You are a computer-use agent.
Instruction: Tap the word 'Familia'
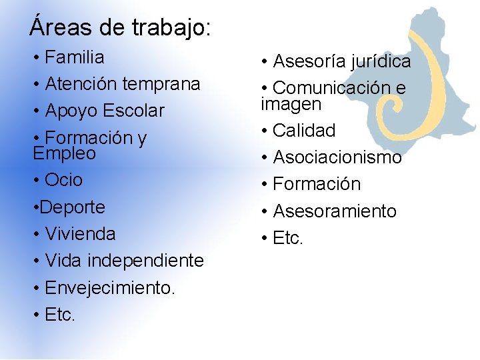click(75, 57)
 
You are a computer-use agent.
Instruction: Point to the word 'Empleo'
click(64, 153)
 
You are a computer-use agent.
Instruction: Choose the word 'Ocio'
click(63, 180)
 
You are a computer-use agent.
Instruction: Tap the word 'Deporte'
click(73, 207)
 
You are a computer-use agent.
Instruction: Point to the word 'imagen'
click(291, 105)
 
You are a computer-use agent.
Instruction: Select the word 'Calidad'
click(304, 131)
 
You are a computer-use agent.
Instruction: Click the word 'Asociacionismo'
click(337, 158)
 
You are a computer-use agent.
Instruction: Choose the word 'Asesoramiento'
click(335, 211)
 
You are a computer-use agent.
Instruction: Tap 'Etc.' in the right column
click(288, 238)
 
